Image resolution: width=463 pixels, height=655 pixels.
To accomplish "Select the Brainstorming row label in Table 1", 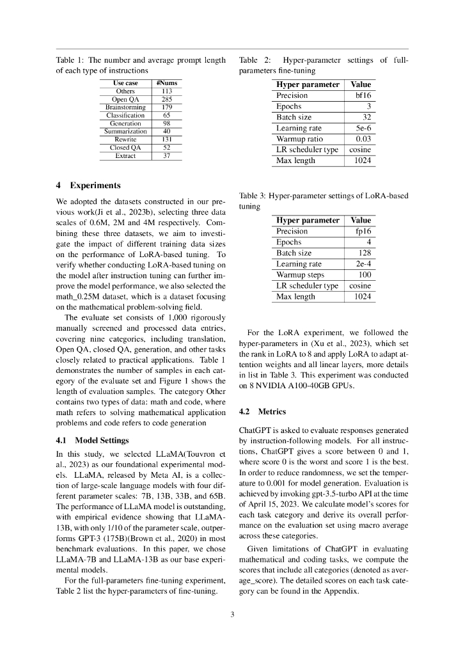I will (x=125, y=107).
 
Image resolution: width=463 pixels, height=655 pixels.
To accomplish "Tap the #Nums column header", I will (x=167, y=83).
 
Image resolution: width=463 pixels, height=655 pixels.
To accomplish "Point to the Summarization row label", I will (x=125, y=131).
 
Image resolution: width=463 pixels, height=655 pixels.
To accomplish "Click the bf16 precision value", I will (x=363, y=95).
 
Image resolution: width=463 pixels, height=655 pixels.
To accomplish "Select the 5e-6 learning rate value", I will (x=363, y=128).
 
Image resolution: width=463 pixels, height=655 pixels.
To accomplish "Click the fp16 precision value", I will (x=363, y=231).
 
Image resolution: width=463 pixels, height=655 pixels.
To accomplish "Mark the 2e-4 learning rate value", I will (x=363, y=264).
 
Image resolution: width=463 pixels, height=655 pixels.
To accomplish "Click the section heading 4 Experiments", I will (x=88, y=185).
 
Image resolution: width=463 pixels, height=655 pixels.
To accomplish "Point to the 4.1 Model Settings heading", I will (x=92, y=440).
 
